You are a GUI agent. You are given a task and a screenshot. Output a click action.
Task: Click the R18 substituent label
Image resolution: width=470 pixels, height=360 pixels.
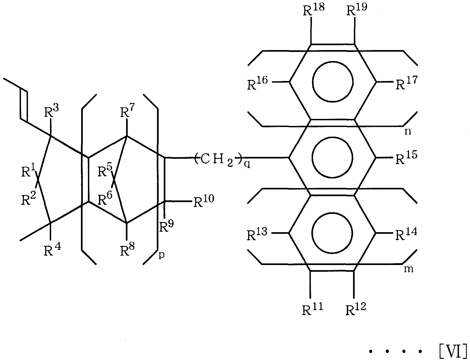(x=314, y=10)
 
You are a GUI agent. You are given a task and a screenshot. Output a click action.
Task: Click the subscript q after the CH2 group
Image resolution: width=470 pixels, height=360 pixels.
(x=247, y=165)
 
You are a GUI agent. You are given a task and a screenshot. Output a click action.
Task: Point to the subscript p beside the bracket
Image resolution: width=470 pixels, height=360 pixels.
(x=161, y=255)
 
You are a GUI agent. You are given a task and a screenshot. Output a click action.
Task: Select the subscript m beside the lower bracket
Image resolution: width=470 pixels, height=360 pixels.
(x=409, y=269)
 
